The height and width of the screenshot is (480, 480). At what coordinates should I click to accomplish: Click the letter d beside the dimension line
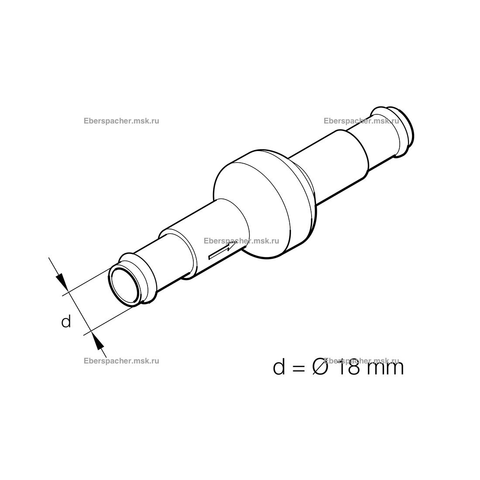(x=66, y=321)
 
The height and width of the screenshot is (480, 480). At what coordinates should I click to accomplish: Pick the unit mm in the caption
(x=384, y=369)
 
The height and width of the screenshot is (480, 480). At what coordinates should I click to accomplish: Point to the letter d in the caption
(x=279, y=367)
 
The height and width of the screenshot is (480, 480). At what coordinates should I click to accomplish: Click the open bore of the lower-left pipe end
(x=125, y=286)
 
